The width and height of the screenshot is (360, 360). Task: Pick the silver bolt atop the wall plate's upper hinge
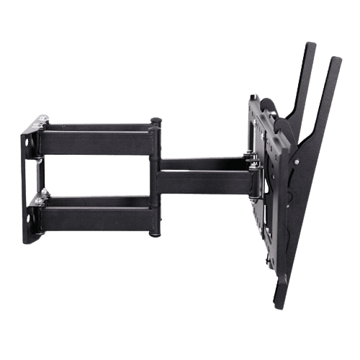[45, 117]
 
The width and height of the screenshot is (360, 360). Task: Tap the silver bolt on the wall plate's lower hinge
[45, 192]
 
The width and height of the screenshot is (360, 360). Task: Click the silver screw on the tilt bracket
[247, 153]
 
